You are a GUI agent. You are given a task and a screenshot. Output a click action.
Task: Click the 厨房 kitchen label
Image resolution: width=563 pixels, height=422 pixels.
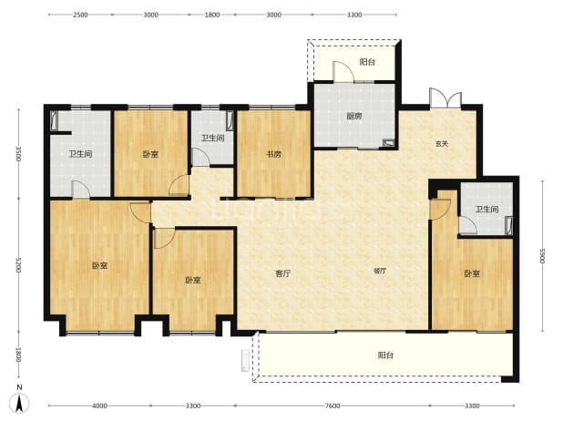point(354,116)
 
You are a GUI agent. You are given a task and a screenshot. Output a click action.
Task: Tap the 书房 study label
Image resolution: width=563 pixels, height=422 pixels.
point(273,154)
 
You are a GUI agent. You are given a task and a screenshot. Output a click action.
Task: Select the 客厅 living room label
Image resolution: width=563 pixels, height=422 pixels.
point(283,273)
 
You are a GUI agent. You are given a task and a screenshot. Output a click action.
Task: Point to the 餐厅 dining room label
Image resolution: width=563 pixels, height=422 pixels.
point(380,271)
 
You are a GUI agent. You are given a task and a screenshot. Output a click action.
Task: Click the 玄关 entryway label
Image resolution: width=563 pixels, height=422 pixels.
point(442,144)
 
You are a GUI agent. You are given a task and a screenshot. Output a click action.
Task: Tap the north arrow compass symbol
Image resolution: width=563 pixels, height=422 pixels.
point(20,400)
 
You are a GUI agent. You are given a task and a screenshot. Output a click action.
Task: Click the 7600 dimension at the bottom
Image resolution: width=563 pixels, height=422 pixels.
point(333,406)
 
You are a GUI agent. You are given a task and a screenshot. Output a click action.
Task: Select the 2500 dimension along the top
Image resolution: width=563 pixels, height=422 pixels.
point(80,15)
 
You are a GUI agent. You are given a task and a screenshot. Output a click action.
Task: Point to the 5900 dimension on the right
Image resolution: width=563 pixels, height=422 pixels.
point(542,255)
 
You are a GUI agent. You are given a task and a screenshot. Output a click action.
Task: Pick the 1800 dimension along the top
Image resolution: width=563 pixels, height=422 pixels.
point(212,15)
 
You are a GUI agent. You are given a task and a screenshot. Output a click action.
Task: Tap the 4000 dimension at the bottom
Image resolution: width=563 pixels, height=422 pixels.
point(99,406)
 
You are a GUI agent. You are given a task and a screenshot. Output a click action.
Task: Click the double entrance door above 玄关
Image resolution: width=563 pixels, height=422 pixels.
point(445,98)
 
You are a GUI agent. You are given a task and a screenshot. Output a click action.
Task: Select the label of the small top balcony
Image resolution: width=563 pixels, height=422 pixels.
point(367,62)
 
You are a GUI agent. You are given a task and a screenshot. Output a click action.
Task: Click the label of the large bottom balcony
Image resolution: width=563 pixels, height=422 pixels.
point(385,355)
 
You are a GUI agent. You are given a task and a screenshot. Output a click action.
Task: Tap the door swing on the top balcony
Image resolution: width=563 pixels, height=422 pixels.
point(343,72)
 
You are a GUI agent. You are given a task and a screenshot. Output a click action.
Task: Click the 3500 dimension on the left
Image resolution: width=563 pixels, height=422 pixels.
point(18,154)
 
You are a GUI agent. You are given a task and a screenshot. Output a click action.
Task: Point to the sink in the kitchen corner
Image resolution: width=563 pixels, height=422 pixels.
point(388,142)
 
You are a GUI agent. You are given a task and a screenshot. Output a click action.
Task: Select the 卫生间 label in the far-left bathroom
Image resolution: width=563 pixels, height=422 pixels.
point(80,154)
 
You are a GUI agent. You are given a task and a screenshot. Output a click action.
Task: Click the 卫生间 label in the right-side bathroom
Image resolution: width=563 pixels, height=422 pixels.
point(486,209)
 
